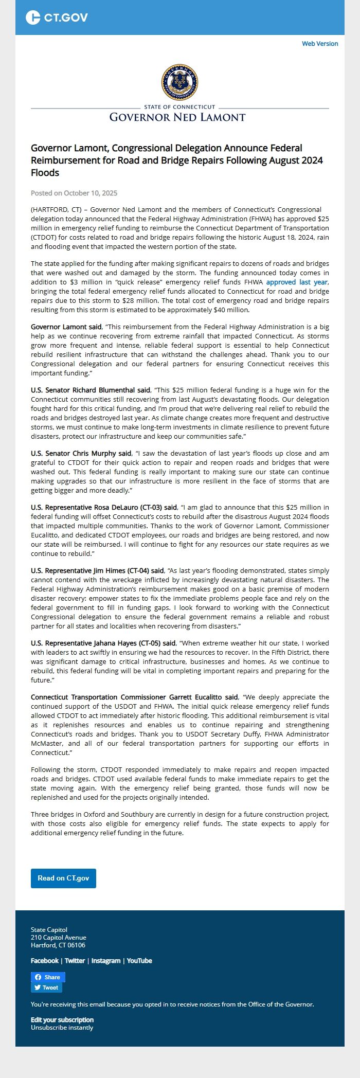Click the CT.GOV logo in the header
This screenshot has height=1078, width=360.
coord(57,17)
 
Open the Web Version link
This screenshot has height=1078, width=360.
coord(320,44)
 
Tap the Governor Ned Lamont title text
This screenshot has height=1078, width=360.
coord(177,117)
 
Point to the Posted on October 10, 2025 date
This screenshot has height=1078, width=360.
coord(74,193)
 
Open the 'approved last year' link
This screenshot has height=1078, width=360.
coord(297,282)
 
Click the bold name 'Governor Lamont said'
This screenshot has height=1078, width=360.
coord(66,327)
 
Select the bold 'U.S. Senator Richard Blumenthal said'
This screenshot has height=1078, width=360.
coord(91,390)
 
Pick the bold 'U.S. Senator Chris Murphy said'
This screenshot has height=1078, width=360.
coord(81,454)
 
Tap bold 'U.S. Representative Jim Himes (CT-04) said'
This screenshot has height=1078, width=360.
coord(97,571)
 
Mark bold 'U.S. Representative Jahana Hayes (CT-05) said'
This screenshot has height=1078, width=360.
coord(103,643)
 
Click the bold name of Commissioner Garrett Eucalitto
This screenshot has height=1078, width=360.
coord(134,697)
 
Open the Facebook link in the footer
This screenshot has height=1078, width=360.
coord(45,961)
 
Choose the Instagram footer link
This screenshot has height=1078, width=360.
coord(106,961)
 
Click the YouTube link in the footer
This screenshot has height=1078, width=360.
coord(139,961)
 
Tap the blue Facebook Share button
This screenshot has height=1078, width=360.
coord(48,977)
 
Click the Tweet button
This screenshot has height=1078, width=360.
coord(46,987)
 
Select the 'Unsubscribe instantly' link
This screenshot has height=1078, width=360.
coord(62,1028)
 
